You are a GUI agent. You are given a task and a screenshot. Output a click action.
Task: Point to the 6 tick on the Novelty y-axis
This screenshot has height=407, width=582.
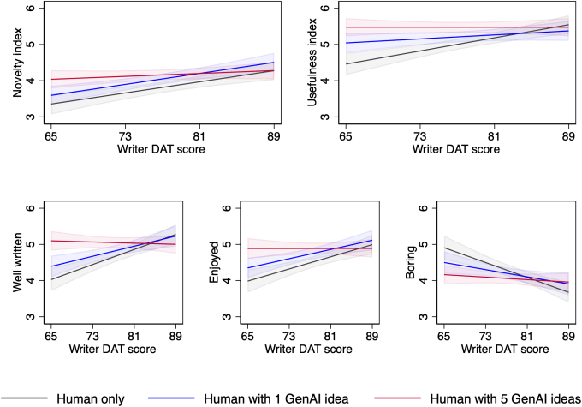coord(32,8)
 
